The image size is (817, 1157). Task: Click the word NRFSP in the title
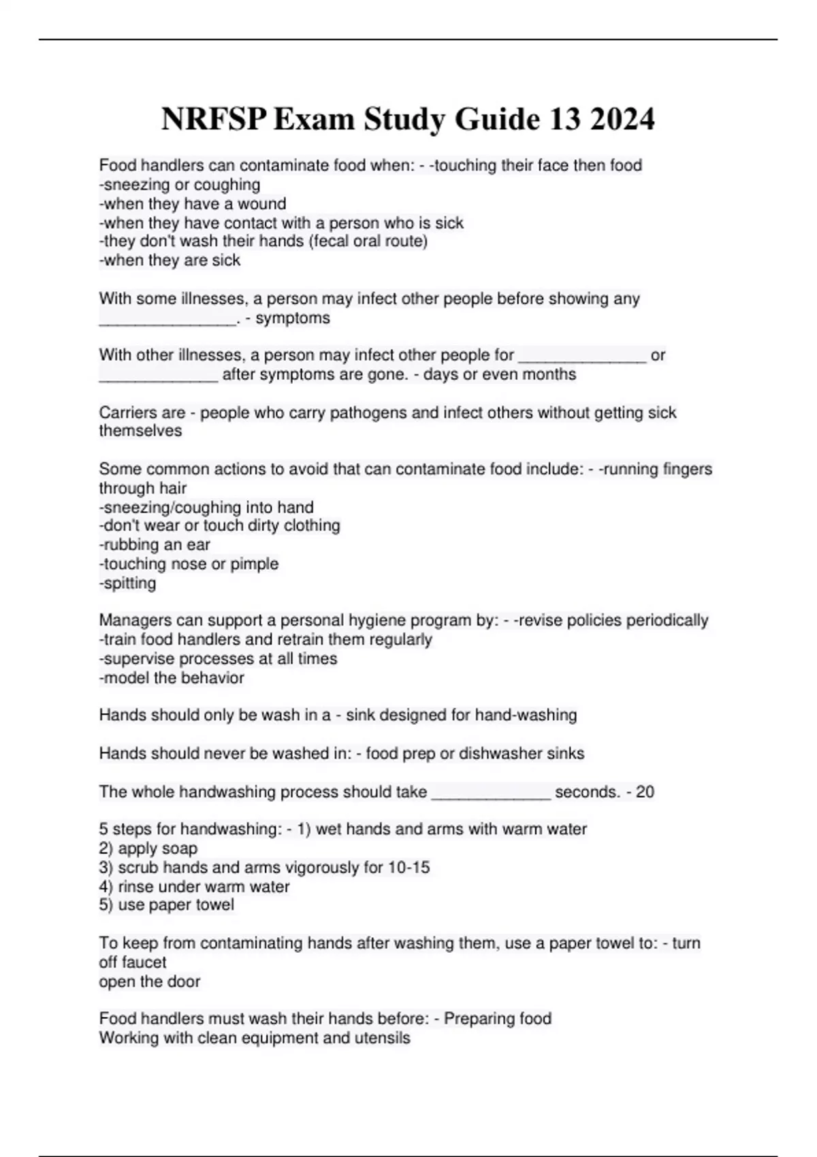click(x=214, y=120)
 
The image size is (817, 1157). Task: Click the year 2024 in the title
click(x=622, y=120)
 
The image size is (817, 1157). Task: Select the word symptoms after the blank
click(x=293, y=318)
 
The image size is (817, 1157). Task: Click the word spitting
click(x=129, y=583)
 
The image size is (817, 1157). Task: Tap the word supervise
click(x=135, y=659)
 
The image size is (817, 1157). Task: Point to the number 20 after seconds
click(x=645, y=792)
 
